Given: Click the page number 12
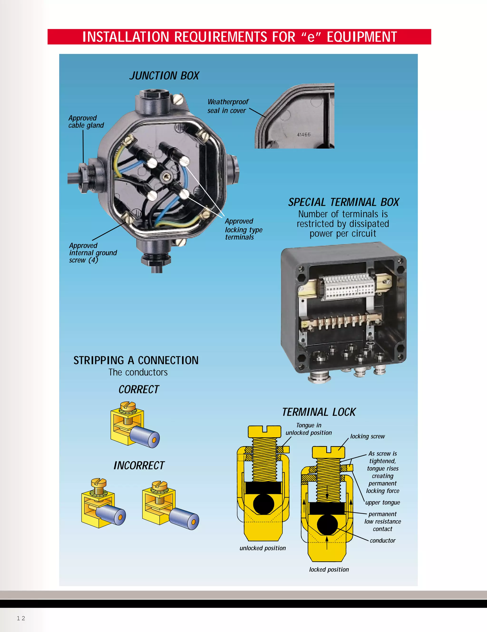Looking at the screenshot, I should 21,618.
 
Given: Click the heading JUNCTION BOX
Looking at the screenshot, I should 164,76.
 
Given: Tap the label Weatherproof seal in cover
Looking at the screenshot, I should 228,106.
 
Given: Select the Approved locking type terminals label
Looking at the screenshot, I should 243,229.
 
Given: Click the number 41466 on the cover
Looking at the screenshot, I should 304,135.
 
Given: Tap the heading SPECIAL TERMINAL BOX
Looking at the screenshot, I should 343,202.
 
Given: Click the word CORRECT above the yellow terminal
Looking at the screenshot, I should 139,390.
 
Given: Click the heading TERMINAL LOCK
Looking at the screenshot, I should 319,412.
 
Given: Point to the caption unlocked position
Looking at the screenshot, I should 262,548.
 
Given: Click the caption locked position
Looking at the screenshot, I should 329,569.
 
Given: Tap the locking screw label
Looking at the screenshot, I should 367,436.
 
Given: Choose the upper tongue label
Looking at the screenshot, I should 382,503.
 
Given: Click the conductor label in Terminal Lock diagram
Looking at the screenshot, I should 382,540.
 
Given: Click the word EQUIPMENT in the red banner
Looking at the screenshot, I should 362,37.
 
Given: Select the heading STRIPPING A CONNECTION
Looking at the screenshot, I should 136,361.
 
